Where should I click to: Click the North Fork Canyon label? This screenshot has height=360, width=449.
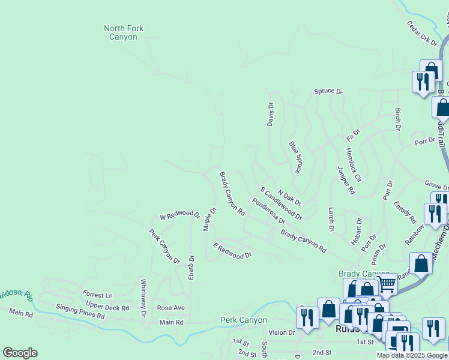pyautogui.click(x=124, y=32)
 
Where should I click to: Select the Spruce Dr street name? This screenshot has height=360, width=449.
pyautogui.click(x=328, y=92)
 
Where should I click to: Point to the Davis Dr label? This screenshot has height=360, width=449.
pyautogui.click(x=271, y=114)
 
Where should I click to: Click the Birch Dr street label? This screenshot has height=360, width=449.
pyautogui.click(x=397, y=119)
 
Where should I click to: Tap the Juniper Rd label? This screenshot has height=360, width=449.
pyautogui.click(x=346, y=180)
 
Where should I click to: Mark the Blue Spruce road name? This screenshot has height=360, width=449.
pyautogui.click(x=295, y=157)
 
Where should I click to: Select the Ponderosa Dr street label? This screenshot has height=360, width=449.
pyautogui.click(x=268, y=211)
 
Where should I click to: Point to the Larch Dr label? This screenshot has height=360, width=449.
pyautogui.click(x=331, y=220)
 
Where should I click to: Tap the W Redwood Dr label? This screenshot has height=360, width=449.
pyautogui.click(x=179, y=215)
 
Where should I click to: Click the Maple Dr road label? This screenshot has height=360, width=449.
pyautogui.click(x=209, y=219)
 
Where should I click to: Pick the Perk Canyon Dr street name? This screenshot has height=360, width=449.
pyautogui.click(x=164, y=247)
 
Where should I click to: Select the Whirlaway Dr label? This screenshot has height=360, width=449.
pyautogui.click(x=143, y=298)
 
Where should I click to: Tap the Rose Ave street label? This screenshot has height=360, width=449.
pyautogui.click(x=170, y=308)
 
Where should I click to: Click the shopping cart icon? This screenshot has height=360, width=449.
pyautogui.click(x=387, y=283)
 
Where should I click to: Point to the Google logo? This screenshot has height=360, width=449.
pyautogui.click(x=20, y=353)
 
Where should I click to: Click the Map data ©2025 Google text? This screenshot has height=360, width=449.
pyautogui.click(x=412, y=355)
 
